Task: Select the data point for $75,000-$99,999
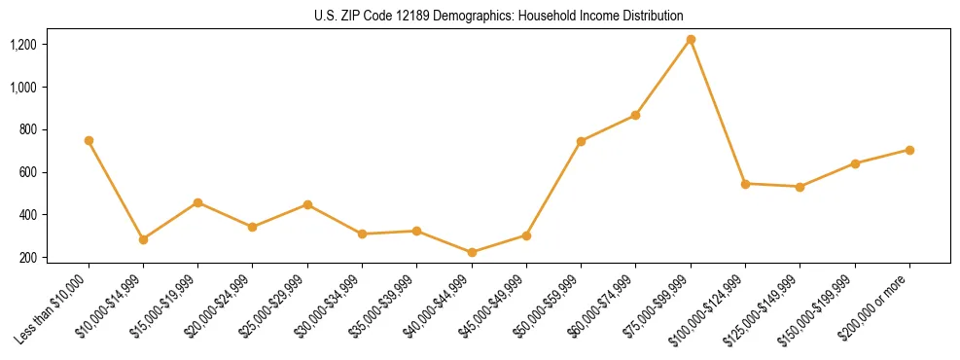tap(691, 40)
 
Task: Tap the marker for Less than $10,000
tap(89, 140)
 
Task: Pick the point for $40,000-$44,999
tap(472, 252)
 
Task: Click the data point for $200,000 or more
tap(909, 150)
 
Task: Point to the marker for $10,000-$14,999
tap(143, 239)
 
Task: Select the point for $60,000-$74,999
tap(636, 115)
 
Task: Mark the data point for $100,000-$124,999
tap(745, 184)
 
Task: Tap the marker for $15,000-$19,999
tap(198, 202)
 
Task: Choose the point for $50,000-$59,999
tap(581, 141)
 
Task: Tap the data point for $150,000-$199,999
tap(855, 163)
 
